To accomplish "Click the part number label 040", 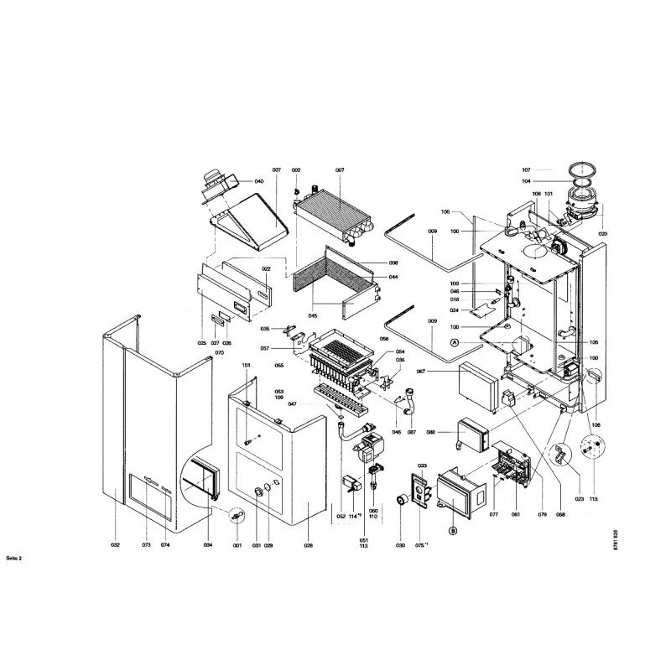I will point(259,182).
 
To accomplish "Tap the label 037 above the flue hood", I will point(277,170).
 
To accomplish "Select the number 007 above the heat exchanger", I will point(340,170).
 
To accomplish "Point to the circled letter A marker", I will point(455,342).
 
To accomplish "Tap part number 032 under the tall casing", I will point(115,545).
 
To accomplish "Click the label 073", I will point(146,545).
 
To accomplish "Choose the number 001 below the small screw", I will point(237,545).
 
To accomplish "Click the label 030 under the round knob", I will point(398,545).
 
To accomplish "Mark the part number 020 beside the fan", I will point(602,232).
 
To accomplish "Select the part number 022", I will point(265,269).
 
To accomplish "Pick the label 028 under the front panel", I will point(308,545).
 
